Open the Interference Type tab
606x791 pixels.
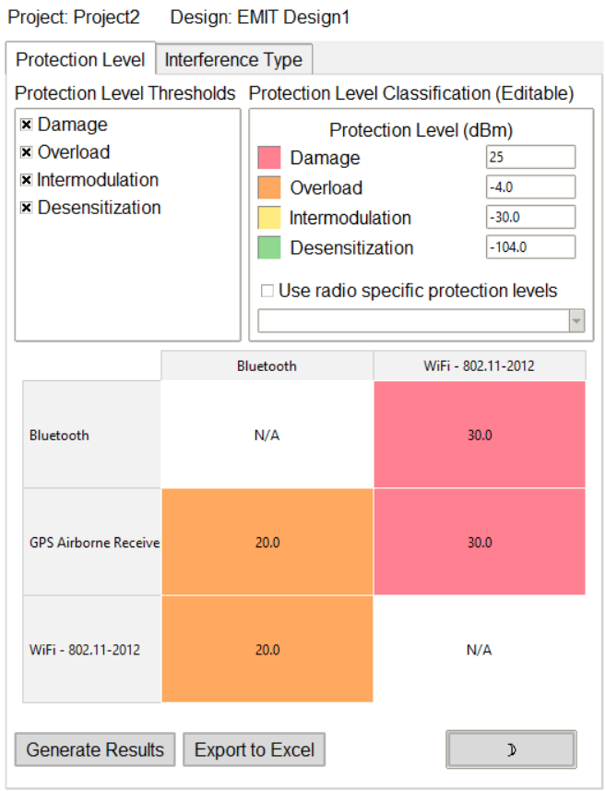point(233,60)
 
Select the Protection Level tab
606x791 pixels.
point(80,60)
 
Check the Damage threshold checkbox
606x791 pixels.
point(27,125)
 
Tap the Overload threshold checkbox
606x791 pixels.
point(27,152)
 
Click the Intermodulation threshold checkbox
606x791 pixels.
point(27,180)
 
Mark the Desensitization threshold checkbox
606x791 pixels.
point(27,208)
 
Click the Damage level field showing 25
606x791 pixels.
point(530,157)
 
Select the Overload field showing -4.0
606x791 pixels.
point(530,187)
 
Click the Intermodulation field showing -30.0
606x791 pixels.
point(530,217)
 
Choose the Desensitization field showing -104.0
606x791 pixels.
point(530,247)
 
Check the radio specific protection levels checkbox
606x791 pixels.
point(267,291)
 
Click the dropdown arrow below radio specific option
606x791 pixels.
point(576,320)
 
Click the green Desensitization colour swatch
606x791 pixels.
point(268,247)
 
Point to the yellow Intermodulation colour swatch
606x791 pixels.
point(268,218)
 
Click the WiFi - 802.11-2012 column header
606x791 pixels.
point(479,366)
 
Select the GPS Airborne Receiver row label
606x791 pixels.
point(92,543)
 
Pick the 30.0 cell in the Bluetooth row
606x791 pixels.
point(479,435)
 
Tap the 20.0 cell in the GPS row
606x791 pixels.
point(267,543)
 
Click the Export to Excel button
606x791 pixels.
point(254,749)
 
